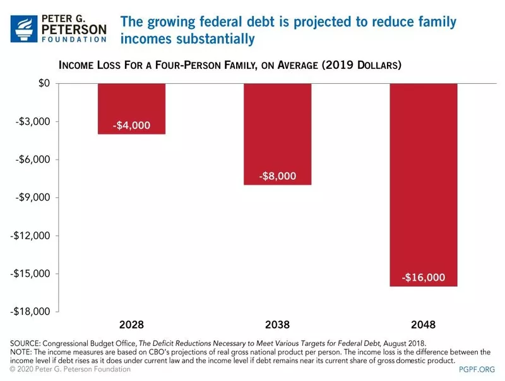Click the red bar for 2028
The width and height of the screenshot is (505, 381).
[131, 108]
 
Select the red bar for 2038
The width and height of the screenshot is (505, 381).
[277, 134]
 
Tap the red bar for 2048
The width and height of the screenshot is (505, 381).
[423, 184]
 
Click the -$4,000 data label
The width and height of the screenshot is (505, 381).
[131, 126]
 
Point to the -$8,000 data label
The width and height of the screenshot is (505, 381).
[277, 176]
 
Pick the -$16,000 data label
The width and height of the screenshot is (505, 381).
[423, 278]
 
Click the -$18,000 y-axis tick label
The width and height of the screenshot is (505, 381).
[30, 312]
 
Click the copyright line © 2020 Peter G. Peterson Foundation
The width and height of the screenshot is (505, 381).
[70, 369]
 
